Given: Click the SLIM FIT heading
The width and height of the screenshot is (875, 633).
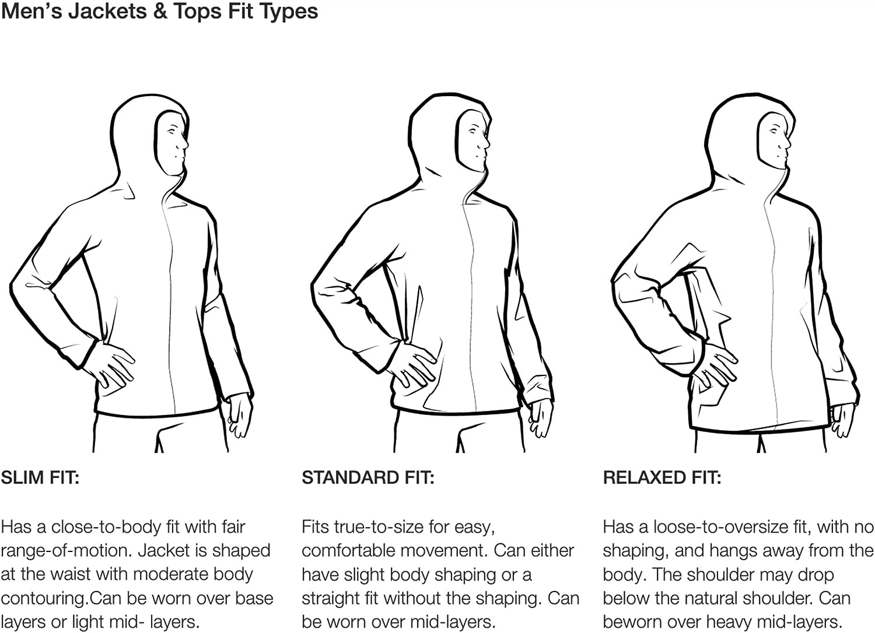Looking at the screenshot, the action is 40,478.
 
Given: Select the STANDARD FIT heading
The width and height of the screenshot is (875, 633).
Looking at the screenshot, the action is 368,478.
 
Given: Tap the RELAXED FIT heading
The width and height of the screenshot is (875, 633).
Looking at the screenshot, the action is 662,478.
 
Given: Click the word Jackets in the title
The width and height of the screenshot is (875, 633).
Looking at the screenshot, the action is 107,11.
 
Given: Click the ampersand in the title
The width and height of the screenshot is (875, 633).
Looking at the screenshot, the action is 159,11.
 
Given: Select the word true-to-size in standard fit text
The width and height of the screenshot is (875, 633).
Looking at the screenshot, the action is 377,527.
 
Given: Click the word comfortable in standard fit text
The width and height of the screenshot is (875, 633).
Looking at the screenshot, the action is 348,551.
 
